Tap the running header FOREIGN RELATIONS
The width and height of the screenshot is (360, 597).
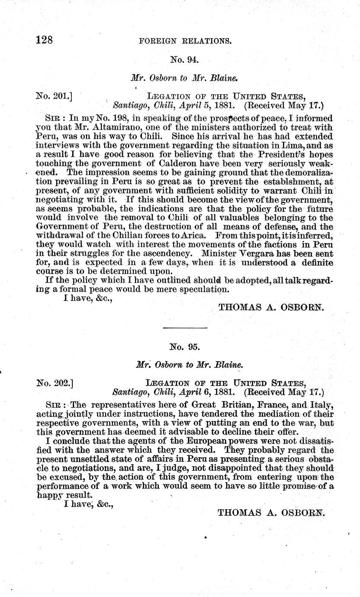tap(184, 42)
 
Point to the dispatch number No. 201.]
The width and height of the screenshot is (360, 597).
tap(54, 96)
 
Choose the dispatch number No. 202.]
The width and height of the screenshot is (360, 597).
tap(54, 382)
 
